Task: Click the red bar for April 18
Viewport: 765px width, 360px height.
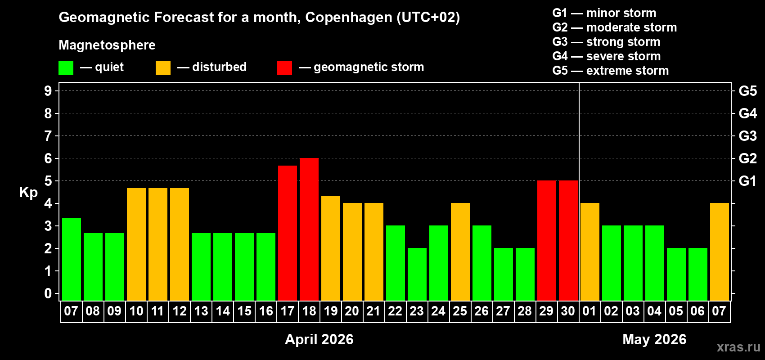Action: (x=309, y=229)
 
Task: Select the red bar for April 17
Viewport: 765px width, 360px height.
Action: (x=288, y=233)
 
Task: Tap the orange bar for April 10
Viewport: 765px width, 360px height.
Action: (x=136, y=244)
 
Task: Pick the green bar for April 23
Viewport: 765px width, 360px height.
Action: (x=417, y=274)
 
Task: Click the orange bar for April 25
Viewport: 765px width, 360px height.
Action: (x=460, y=252)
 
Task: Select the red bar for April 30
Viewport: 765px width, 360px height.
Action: (x=568, y=240)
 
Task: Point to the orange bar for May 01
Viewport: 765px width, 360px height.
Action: (x=590, y=252)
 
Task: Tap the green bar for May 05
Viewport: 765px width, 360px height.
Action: (x=676, y=274)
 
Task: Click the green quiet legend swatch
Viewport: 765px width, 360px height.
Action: (x=66, y=68)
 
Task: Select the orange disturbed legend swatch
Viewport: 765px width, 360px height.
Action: (x=163, y=68)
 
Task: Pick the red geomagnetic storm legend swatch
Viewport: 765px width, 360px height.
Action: (x=284, y=68)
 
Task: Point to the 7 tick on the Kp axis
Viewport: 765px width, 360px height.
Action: (x=48, y=136)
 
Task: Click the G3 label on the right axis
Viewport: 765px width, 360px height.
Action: (x=747, y=136)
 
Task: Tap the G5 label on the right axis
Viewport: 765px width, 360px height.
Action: (x=747, y=91)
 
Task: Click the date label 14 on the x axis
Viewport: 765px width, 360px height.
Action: (x=223, y=311)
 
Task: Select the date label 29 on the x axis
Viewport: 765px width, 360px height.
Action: (x=546, y=311)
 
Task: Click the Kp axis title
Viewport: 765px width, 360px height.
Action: (x=28, y=193)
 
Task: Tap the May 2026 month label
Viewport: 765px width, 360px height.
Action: (x=654, y=339)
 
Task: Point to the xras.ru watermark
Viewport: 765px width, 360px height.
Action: (x=738, y=347)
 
